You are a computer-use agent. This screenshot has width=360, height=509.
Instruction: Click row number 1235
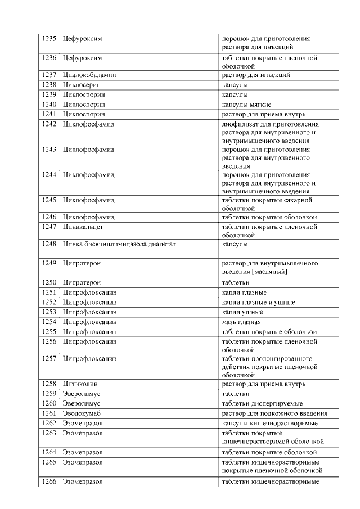49,38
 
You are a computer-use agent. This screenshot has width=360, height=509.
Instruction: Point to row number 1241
49,114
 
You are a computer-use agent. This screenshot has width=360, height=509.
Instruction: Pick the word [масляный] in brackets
271,272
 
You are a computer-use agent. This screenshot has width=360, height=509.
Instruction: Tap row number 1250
49,282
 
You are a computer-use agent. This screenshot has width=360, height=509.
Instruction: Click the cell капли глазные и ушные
258,302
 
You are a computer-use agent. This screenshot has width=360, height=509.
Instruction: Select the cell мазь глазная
241,322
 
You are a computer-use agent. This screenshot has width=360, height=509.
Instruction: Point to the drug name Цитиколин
81,384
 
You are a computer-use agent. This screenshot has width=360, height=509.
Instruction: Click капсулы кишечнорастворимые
269,423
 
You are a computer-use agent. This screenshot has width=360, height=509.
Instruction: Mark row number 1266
49,481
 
